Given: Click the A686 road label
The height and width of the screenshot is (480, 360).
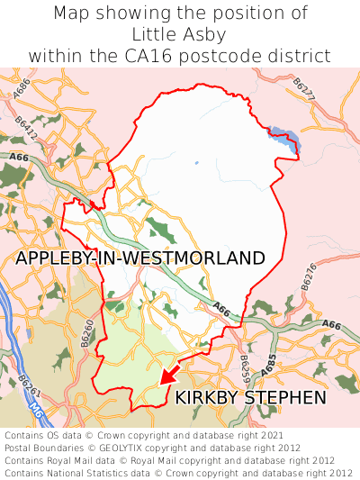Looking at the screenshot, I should tap(22, 89).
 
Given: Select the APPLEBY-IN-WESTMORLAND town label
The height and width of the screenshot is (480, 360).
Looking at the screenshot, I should tap(140, 258).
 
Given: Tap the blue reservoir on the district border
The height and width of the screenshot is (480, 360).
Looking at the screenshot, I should tap(284, 138).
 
